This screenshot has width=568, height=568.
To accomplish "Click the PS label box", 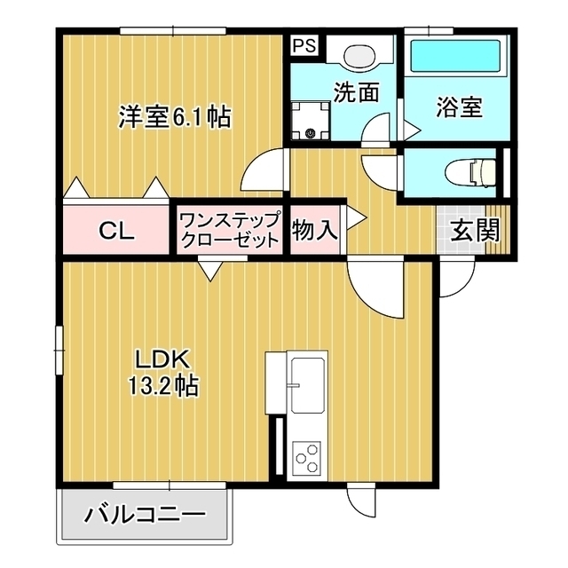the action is point(304,45).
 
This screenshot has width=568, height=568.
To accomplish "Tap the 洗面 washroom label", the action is point(356,92).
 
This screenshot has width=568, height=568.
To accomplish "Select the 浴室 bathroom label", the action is point(459,106).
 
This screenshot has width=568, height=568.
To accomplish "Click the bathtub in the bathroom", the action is point(454,55).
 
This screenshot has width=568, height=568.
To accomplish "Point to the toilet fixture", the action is point(471,171).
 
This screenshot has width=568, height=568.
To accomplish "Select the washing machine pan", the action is point(312,121).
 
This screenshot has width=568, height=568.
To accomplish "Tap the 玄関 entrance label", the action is point(475,230).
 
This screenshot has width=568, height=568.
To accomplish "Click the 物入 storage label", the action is point(315,230).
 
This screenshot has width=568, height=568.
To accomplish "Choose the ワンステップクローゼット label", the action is point(231,229).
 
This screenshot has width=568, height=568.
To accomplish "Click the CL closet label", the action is point(116,231).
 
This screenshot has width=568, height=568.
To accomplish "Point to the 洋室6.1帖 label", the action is point(176,116).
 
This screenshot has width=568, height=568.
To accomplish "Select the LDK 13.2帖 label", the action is point(162,372).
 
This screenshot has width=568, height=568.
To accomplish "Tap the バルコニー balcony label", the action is point(146,514).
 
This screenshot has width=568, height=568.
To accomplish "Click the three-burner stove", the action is point(307,457).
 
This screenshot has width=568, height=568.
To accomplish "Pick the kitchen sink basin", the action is point(308,385).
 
